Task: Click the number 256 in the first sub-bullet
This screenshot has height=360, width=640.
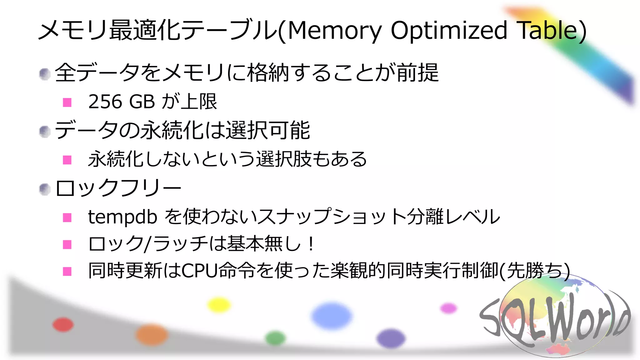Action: (105, 102)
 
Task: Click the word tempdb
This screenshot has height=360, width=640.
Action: (122, 217)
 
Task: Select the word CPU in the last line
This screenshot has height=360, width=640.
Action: (199, 271)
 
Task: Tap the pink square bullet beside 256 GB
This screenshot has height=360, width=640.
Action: (67, 102)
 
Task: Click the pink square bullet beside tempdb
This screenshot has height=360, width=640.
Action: (67, 217)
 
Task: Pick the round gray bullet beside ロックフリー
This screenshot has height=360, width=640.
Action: (45, 189)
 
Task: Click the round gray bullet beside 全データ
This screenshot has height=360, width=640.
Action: (45, 74)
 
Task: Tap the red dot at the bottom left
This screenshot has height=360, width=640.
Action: (63, 324)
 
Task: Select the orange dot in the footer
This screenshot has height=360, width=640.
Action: (152, 335)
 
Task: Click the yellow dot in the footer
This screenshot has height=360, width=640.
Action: (219, 305)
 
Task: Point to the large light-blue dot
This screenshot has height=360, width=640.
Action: (332, 316)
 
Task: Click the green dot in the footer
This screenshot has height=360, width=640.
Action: (275, 338)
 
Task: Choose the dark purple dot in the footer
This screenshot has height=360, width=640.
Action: (391, 338)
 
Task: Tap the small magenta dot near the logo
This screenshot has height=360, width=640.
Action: (448, 308)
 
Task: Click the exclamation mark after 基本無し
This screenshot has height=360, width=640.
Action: (311, 244)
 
